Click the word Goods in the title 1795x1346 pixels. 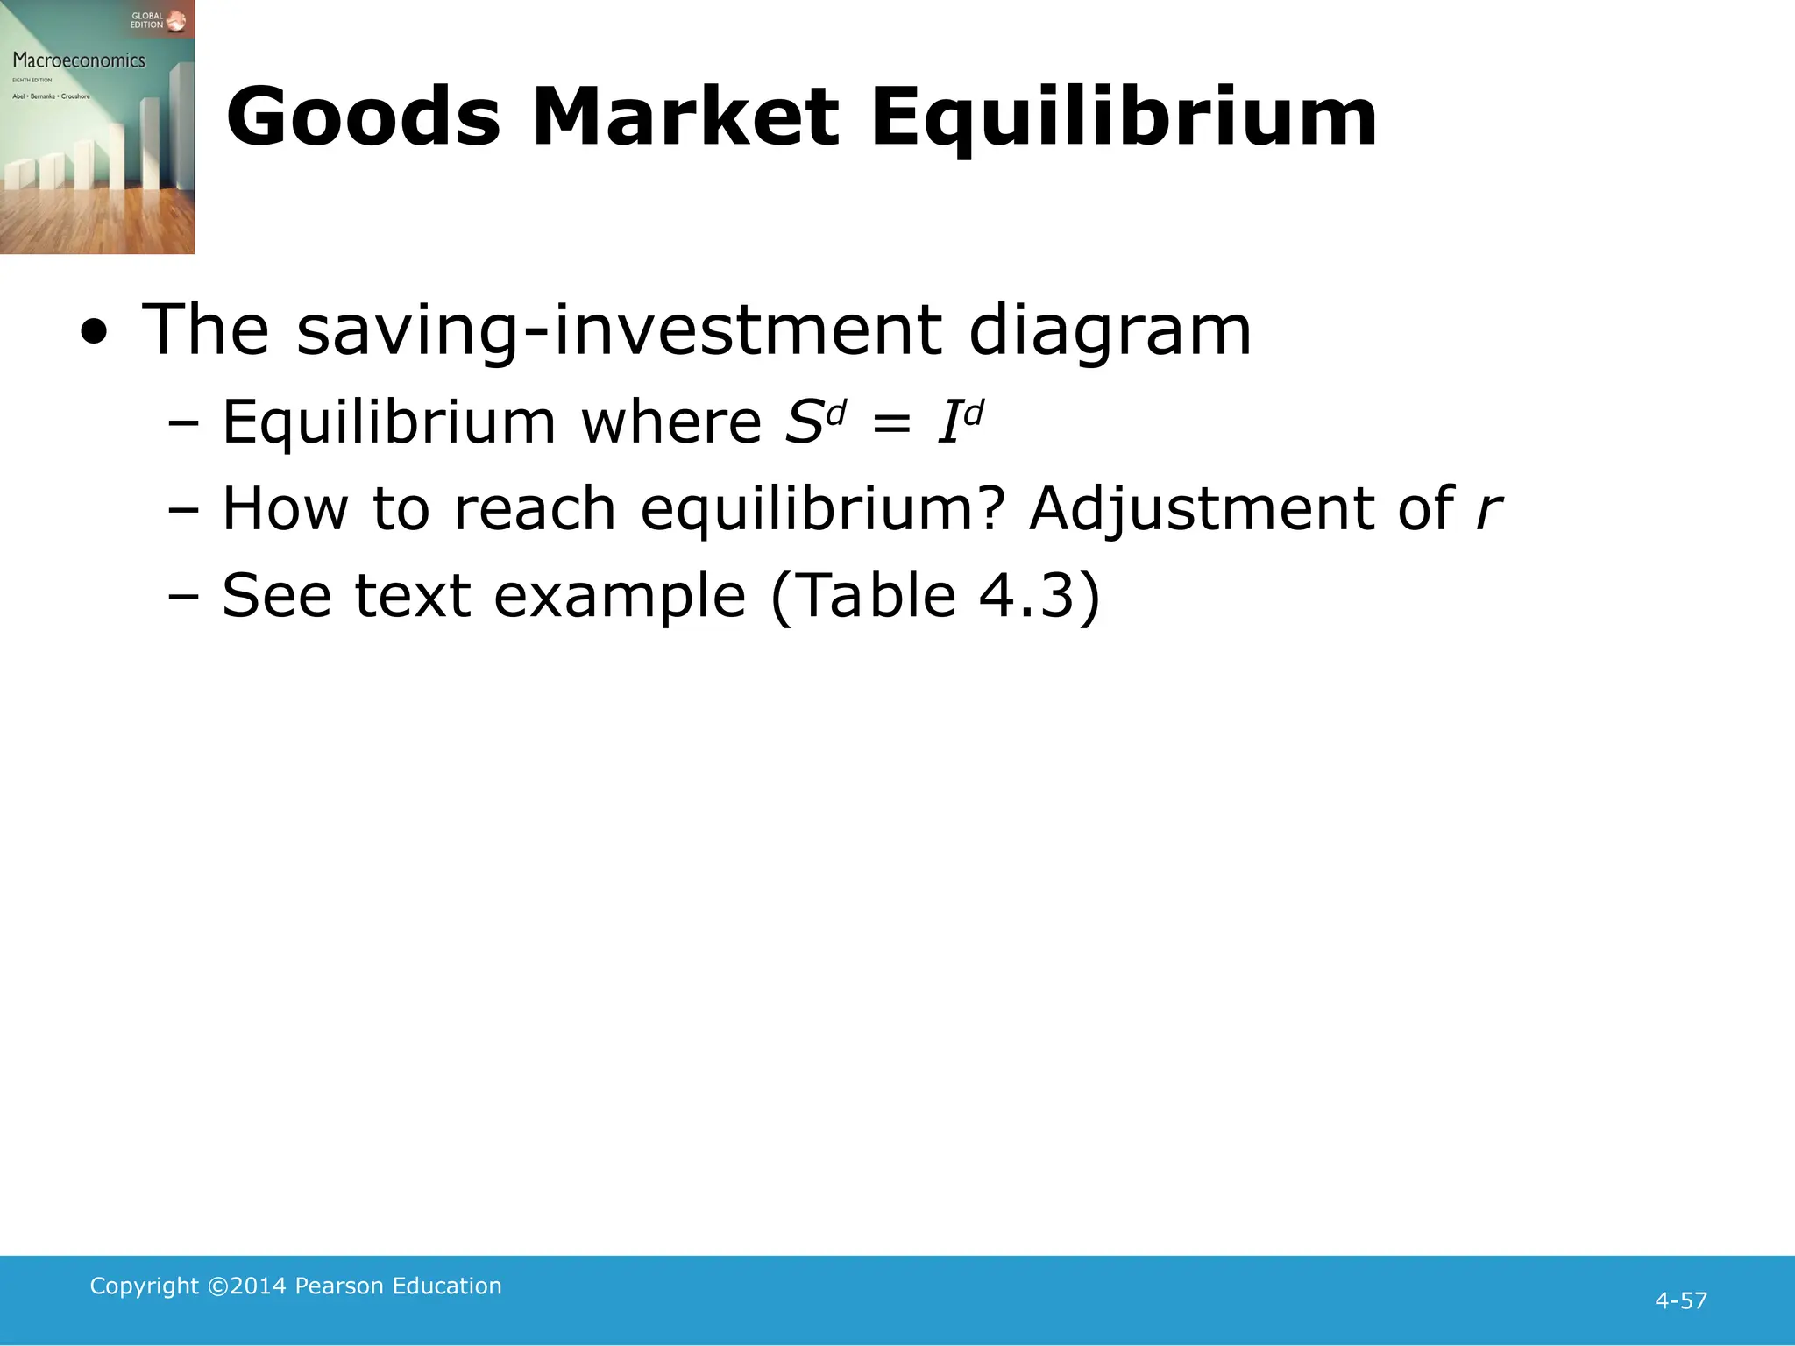click(x=363, y=117)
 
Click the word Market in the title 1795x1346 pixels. click(x=685, y=117)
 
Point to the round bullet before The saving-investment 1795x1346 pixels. click(x=94, y=333)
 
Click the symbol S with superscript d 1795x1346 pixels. click(x=814, y=422)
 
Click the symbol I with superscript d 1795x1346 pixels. click(x=960, y=422)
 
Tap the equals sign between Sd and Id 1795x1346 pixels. click(x=891, y=424)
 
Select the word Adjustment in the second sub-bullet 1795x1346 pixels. click(x=1202, y=509)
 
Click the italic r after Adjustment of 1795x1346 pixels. click(x=1487, y=510)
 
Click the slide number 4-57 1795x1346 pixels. click(x=1680, y=1300)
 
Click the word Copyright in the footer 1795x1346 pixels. click(x=145, y=1286)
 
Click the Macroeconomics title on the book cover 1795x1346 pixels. click(x=79, y=60)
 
